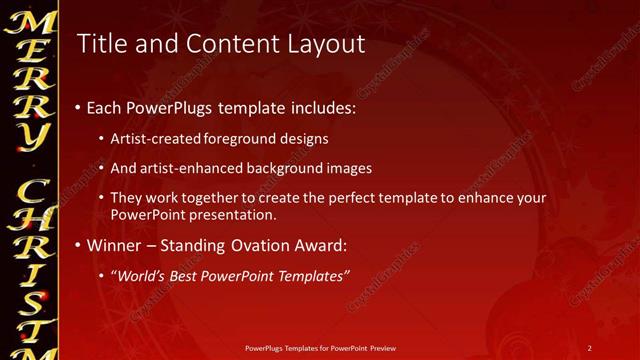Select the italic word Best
(x=188, y=275)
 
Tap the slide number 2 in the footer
(x=590, y=348)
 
